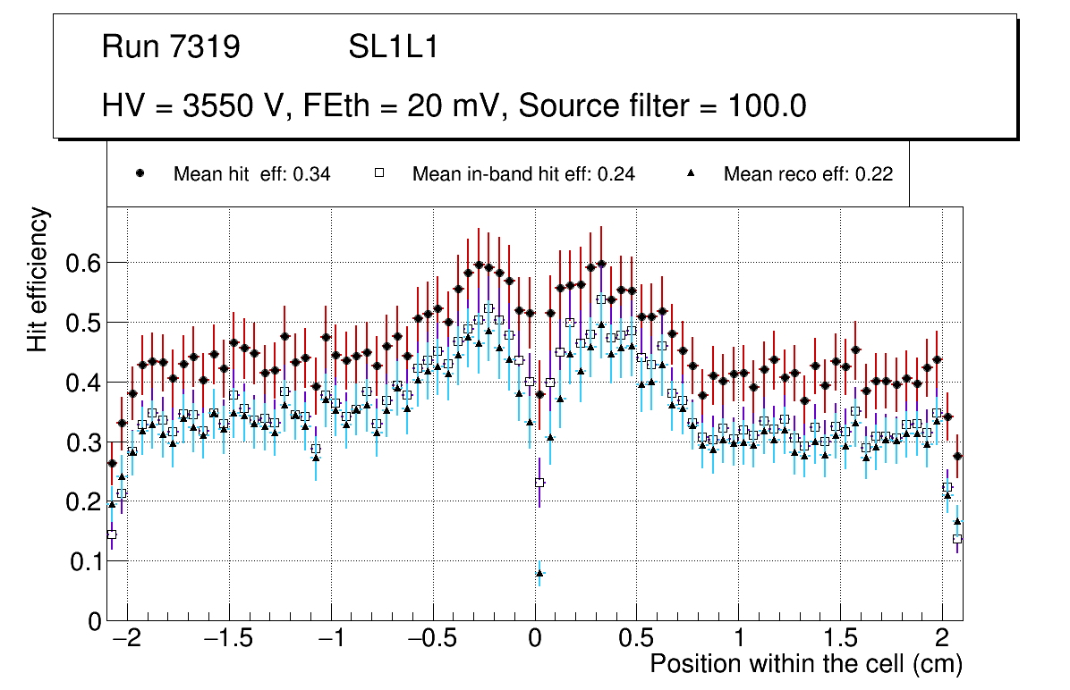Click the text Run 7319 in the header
[171, 47]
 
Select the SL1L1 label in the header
[393, 47]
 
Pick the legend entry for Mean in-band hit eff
[522, 174]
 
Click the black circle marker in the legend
[140, 174]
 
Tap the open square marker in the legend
[378, 174]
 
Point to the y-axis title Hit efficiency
[38, 279]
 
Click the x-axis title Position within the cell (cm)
[805, 664]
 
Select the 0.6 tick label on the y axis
[83, 263]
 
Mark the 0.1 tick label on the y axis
[83, 561]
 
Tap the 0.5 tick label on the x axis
[637, 640]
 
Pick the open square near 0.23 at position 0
[539, 483]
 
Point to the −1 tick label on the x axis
[332, 640]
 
